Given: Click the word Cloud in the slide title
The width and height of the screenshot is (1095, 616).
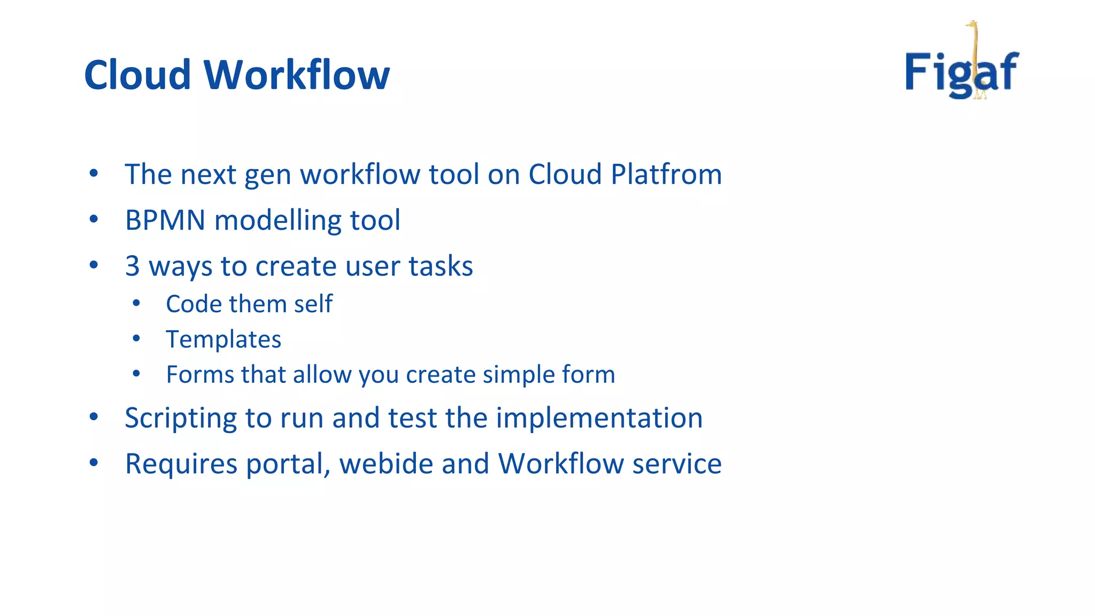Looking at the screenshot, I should click(x=137, y=75).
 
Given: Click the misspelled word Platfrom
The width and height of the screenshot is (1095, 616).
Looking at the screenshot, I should click(x=666, y=174).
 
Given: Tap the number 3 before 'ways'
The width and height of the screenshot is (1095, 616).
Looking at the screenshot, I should click(x=132, y=266).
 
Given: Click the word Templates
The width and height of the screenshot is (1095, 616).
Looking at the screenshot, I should click(x=223, y=339).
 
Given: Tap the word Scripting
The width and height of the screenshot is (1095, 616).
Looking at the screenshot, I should click(x=181, y=418).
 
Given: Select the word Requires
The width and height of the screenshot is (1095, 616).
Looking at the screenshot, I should click(x=181, y=464).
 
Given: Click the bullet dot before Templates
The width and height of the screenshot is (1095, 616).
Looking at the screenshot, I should click(x=136, y=338).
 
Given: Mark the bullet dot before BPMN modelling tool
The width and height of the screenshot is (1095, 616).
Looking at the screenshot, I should click(x=94, y=219).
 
